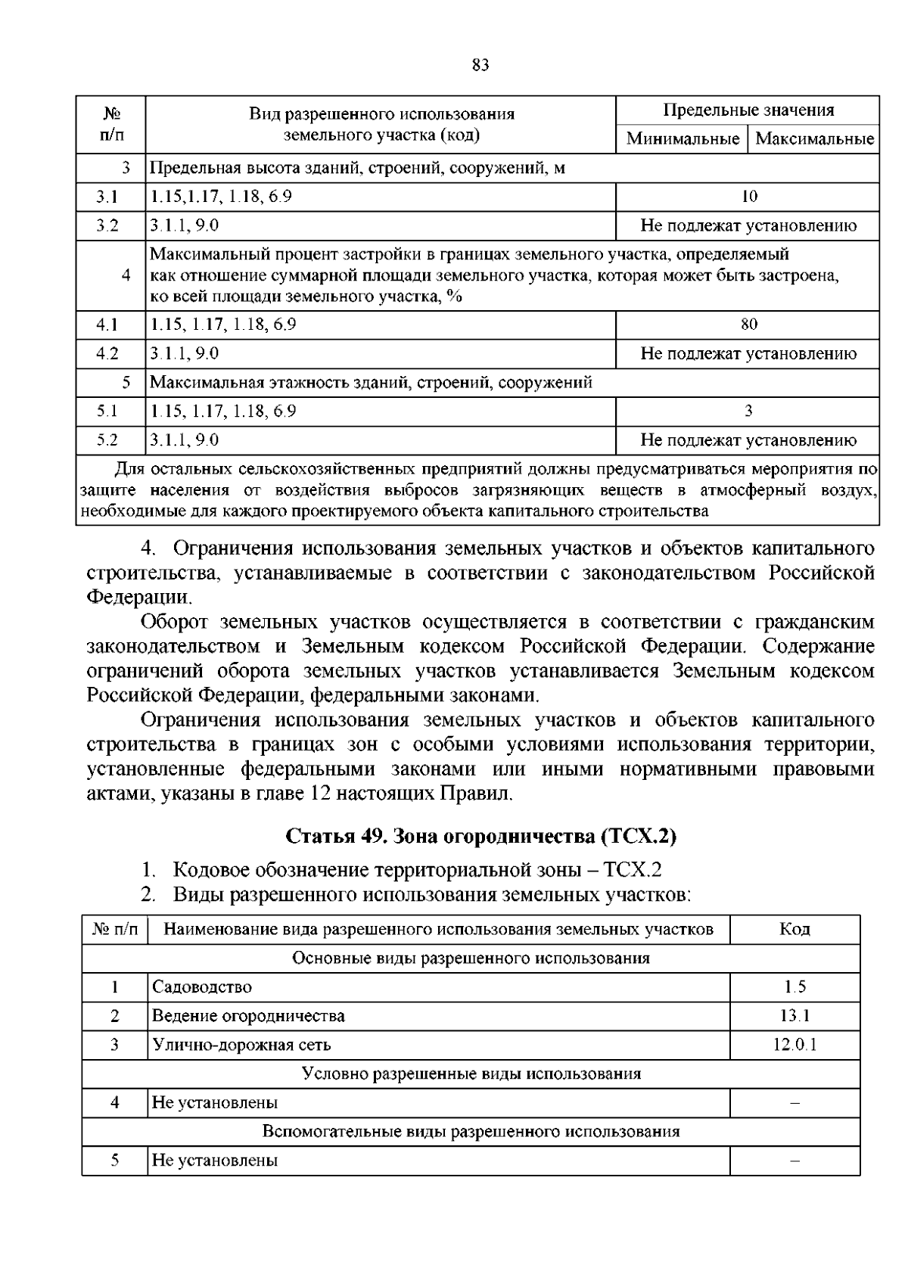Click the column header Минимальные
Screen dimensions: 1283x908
[683, 139]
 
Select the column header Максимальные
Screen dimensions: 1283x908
[814, 139]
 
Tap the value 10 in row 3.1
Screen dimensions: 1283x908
[748, 197]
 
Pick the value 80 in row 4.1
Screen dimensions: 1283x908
[748, 325]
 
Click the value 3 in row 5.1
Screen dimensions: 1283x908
[748, 411]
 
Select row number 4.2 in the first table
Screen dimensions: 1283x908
[108, 353]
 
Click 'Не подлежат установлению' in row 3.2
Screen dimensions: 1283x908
[748, 225]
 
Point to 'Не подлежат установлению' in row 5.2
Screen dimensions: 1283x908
[748, 440]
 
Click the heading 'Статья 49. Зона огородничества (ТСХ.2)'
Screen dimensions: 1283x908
[480, 837]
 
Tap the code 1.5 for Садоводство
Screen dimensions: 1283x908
[794, 986]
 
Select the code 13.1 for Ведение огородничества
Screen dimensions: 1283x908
[794, 1016]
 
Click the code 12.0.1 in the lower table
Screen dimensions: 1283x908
[794, 1045]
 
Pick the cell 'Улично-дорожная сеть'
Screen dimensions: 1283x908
[241, 1045]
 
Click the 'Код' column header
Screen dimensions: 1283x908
[794, 929]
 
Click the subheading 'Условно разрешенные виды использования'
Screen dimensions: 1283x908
[471, 1073]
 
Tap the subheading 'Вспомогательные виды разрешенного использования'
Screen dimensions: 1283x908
[471, 1132]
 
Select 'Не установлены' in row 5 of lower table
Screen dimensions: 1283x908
[215, 1160]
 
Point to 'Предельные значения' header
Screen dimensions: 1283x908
[748, 110]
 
